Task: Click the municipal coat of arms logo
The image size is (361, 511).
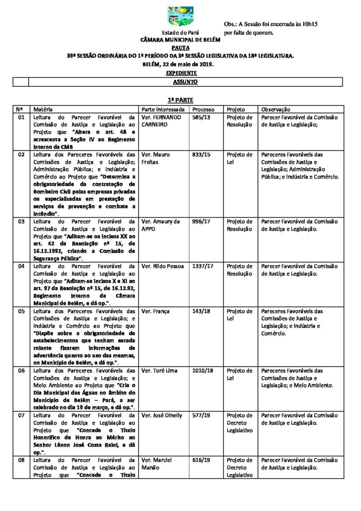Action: [180, 16]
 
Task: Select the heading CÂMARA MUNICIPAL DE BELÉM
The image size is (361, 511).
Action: [180, 39]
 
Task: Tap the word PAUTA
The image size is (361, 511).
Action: [180, 48]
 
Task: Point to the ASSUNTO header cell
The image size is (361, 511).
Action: [185, 81]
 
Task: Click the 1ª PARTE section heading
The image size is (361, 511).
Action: [180, 100]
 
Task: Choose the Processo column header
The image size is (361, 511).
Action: [203, 109]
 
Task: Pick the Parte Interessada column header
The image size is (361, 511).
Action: [163, 109]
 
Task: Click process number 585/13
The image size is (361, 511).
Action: [201, 118]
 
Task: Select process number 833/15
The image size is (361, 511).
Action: [201, 155]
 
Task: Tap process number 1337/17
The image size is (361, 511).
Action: [202, 266]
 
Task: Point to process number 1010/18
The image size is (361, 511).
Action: [202, 371]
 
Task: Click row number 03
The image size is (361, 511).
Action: [21, 222]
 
